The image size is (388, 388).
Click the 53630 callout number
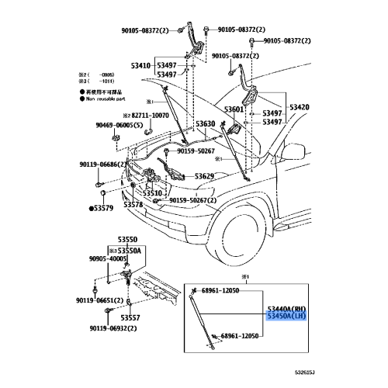205,124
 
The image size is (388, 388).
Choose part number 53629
204,177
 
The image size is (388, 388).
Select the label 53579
104,209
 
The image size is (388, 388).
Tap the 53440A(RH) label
286,308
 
